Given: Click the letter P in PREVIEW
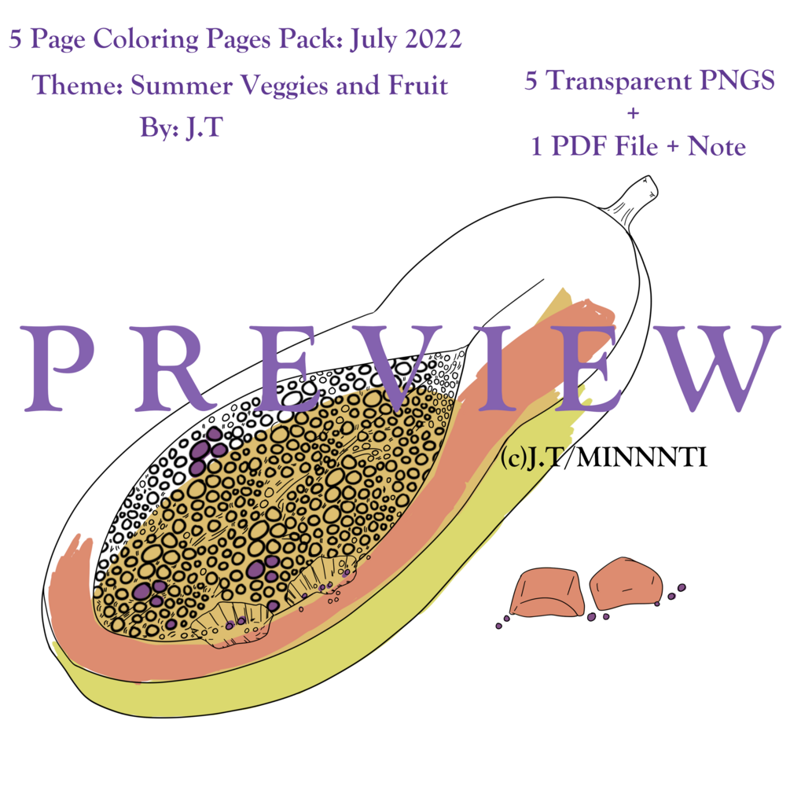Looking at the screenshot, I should click(x=61, y=369).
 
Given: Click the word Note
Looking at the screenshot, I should click(x=716, y=146).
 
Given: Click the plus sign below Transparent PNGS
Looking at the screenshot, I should click(x=634, y=114).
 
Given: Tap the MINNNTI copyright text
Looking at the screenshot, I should click(x=641, y=457).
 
